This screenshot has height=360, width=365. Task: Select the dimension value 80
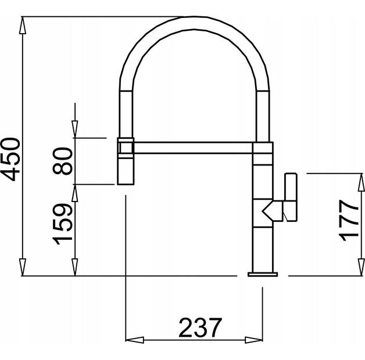(x=65, y=161)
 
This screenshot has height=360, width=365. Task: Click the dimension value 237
(x=200, y=328)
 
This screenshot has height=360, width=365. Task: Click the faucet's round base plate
(x=263, y=273)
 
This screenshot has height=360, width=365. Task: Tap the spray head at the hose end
(x=126, y=168)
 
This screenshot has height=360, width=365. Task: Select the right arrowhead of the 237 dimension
(x=256, y=341)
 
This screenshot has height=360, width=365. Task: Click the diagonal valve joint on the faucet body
(x=270, y=210)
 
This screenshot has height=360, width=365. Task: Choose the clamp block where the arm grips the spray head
(x=126, y=145)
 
